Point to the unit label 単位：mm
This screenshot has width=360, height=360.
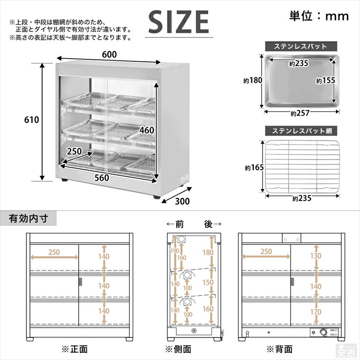click(318, 16)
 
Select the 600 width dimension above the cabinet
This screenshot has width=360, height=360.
click(109, 55)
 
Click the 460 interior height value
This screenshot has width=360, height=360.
click(146, 131)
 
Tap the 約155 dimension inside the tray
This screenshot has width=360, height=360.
click(326, 81)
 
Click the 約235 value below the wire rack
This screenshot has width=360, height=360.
click(302, 199)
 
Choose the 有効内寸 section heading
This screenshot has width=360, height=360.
click(28, 218)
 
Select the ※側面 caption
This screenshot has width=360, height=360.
click(178, 349)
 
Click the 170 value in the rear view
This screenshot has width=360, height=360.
click(316, 312)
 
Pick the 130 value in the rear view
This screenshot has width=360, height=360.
click(316, 255)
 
